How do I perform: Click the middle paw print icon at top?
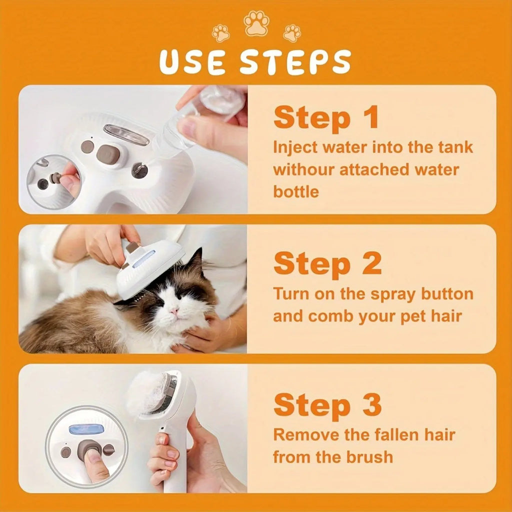coord(256,23)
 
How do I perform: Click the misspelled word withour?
coord(303,169)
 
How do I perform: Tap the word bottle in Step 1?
coord(295,191)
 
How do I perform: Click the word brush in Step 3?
coord(369,456)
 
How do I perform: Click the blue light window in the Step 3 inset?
coord(86,429)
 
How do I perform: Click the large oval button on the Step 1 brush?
coord(107,155)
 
